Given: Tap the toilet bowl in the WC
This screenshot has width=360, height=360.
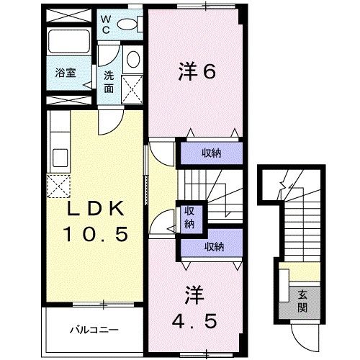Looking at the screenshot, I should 130,24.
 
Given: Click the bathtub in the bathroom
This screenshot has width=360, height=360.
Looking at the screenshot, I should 67,45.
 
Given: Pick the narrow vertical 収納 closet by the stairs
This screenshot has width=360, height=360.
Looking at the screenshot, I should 189,217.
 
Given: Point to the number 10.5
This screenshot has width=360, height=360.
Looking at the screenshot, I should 97,234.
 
